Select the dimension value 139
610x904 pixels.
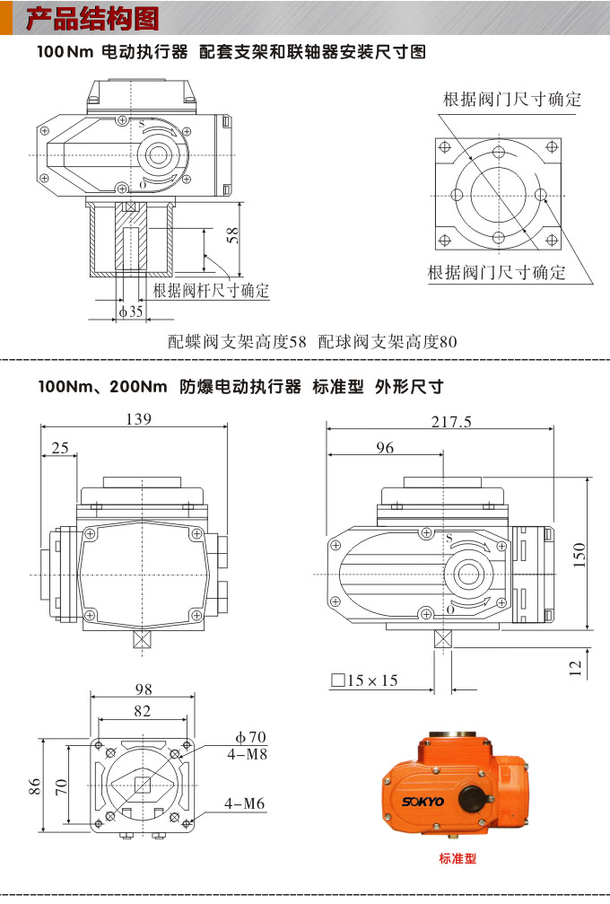coord(139,418)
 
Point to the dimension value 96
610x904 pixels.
coord(385,448)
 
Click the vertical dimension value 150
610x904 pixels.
coord(579,555)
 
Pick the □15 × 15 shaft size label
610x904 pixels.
coord(364,680)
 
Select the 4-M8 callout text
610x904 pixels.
coord(247,754)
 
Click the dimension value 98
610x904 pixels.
coord(144,689)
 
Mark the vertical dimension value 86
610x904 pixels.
coord(35,786)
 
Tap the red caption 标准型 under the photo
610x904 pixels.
coord(457,858)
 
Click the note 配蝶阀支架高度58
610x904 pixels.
coord(238,342)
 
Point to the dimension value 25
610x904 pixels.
coord(59,448)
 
